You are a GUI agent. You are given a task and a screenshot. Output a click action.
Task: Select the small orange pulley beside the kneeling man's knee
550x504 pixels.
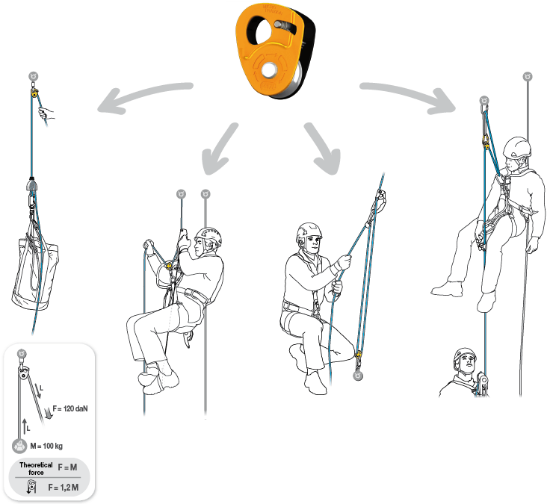(359, 354)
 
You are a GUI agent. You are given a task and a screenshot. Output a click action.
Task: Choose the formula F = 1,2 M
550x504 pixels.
(64, 487)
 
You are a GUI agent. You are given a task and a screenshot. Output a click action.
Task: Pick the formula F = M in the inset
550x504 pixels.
(69, 467)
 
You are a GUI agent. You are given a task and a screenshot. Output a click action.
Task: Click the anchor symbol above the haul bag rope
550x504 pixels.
(33, 76)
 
